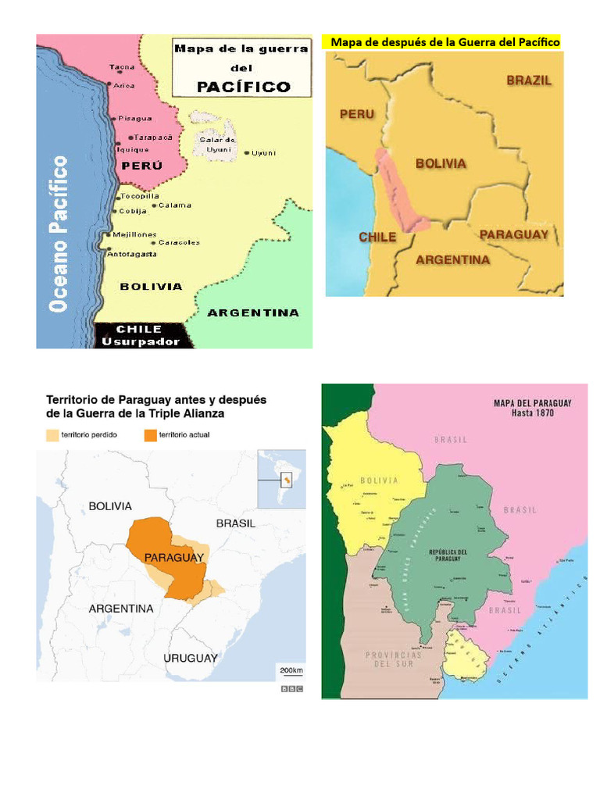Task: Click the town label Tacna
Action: click(x=122, y=67)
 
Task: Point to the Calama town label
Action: click(x=175, y=205)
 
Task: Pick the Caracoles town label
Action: click(x=179, y=242)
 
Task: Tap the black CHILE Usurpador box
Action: click(x=144, y=335)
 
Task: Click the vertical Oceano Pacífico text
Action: click(x=59, y=234)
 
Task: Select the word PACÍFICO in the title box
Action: click(x=243, y=87)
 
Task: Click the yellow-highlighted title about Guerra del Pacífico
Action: click(x=442, y=42)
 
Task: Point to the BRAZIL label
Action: click(x=529, y=80)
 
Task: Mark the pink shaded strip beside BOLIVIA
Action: click(x=403, y=191)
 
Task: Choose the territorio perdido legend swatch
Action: click(x=52, y=434)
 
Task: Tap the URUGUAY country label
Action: click(x=190, y=659)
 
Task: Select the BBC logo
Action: click(x=292, y=689)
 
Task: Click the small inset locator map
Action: click(x=282, y=479)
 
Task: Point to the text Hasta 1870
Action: click(x=533, y=413)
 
